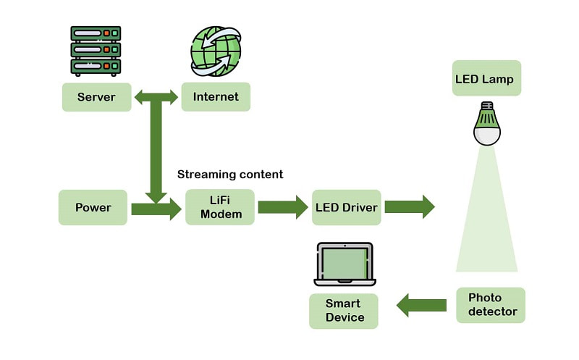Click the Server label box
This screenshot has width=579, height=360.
[x=96, y=97]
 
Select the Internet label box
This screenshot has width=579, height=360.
[x=216, y=97]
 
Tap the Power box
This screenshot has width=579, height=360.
[x=93, y=208]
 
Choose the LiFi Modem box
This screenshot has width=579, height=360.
[x=221, y=208]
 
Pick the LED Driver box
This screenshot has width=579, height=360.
[x=347, y=208]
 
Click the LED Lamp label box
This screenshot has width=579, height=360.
[x=486, y=78]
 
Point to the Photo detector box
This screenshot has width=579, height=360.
[x=491, y=305]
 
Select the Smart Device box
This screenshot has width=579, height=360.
[x=344, y=311]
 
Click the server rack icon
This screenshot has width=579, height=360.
[x=96, y=51]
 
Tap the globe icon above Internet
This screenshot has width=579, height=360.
[x=215, y=51]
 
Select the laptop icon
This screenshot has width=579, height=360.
[x=344, y=264]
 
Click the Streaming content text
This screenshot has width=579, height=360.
[x=230, y=175]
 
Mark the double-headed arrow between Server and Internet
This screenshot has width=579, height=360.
[x=156, y=97]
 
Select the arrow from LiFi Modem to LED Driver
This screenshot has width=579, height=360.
[x=283, y=207]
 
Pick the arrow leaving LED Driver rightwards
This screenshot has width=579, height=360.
[x=409, y=207]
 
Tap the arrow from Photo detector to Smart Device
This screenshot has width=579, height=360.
[x=421, y=305]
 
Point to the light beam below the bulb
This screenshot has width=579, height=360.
[x=486, y=217]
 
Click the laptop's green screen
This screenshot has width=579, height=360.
[x=343, y=262]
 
